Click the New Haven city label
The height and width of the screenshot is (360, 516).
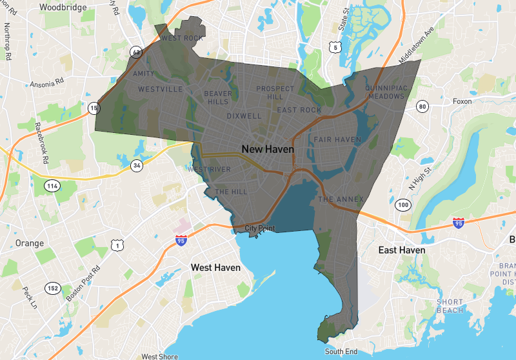click(267, 149)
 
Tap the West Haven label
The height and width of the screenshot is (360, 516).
click(215, 267)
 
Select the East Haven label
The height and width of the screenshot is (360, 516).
click(402, 250)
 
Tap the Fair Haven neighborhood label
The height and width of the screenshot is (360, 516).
click(337, 139)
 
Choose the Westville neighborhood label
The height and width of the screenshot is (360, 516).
click(161, 89)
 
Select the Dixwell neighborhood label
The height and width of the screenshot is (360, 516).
click(244, 117)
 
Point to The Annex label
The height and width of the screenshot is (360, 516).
click(341, 199)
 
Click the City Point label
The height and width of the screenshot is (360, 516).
click(261, 228)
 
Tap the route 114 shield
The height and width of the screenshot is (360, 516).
click(52, 186)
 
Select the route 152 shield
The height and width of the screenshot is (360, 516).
click(52, 287)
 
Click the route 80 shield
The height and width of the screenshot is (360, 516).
click(422, 106)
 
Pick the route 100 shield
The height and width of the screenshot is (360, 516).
click(403, 205)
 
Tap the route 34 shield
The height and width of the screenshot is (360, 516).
click(136, 166)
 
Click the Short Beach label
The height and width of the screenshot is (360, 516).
click(450, 306)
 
